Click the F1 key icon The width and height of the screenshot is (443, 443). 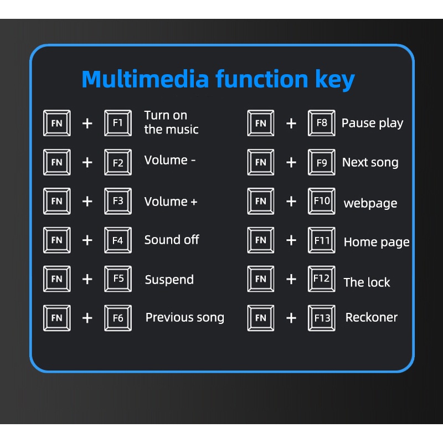[x=118, y=123]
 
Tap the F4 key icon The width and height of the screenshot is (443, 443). [x=118, y=240]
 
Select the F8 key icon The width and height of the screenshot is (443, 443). [x=322, y=123]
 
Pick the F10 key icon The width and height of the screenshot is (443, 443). [x=322, y=201]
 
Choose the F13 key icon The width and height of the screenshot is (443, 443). [x=322, y=318]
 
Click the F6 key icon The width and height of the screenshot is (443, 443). [x=118, y=318]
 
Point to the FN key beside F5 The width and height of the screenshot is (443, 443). [x=57, y=279]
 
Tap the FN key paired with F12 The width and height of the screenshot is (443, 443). [x=260, y=279]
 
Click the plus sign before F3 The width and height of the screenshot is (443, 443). [x=87, y=202]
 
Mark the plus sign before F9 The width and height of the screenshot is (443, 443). [x=291, y=162]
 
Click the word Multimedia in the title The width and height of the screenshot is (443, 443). [x=145, y=79]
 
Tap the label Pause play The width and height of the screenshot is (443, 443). [x=372, y=123]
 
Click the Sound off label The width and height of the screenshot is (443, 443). [x=172, y=240]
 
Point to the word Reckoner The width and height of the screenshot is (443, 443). [x=371, y=317]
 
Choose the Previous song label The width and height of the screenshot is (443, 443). [x=185, y=317]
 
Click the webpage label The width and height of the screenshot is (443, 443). [x=370, y=203]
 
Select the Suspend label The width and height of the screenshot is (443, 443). [x=169, y=280]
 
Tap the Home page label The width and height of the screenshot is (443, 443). [x=377, y=242]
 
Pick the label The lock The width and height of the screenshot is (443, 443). [x=367, y=282]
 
